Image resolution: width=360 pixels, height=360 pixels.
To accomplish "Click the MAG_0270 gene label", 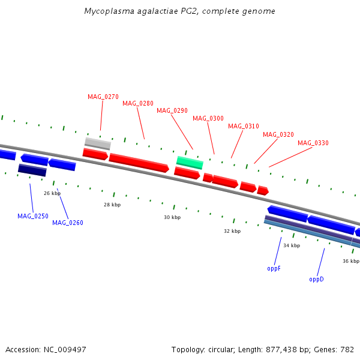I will (x=103, y=97).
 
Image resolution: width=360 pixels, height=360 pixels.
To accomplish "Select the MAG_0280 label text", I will (x=138, y=103).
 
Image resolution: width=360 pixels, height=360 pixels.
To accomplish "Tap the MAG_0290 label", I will (x=172, y=110).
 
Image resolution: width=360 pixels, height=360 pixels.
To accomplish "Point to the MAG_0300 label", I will (x=208, y=118).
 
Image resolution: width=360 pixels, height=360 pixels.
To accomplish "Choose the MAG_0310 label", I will (x=244, y=126).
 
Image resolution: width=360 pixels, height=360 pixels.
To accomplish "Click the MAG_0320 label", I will (x=278, y=134).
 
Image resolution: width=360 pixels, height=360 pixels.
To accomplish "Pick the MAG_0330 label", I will (x=313, y=143).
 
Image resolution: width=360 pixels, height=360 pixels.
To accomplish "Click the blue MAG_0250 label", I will (x=33, y=216).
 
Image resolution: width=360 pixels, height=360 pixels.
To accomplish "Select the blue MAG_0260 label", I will (x=68, y=223).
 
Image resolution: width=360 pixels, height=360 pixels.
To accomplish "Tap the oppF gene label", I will (x=274, y=268).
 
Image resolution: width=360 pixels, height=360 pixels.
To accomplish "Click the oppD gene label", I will (x=316, y=279).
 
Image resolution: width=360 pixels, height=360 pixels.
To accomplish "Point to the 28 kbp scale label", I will (x=112, y=205).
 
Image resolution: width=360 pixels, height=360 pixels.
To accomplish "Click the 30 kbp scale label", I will (x=172, y=217).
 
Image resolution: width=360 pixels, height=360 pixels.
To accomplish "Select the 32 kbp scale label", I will (x=232, y=231).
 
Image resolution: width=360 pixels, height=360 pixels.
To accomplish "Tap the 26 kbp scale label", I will (x=52, y=193).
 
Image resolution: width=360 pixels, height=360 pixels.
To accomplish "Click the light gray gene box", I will (x=98, y=143).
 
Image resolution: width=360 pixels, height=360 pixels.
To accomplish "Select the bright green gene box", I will (x=190, y=162).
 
